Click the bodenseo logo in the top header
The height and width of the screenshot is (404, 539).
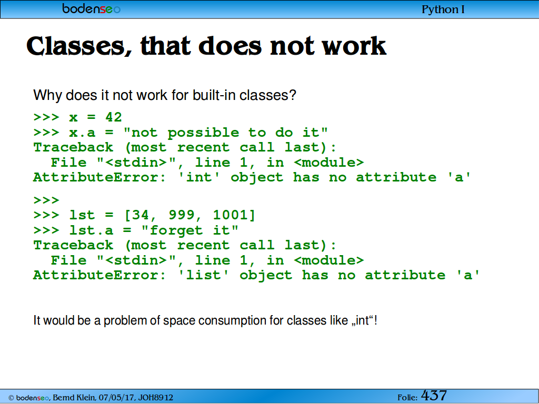click(x=92, y=8)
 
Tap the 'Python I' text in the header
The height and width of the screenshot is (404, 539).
click(x=443, y=9)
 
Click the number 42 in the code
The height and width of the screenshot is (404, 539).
click(x=114, y=117)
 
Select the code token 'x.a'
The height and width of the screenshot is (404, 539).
click(x=82, y=133)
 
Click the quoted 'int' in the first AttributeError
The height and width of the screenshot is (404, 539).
click(x=199, y=177)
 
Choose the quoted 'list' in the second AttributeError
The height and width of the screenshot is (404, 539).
click(x=204, y=275)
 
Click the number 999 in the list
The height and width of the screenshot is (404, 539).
click(x=182, y=215)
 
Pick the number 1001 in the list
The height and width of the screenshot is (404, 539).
click(x=230, y=215)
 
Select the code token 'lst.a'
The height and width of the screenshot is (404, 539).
click(x=91, y=230)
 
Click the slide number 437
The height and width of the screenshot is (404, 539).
click(x=434, y=396)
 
